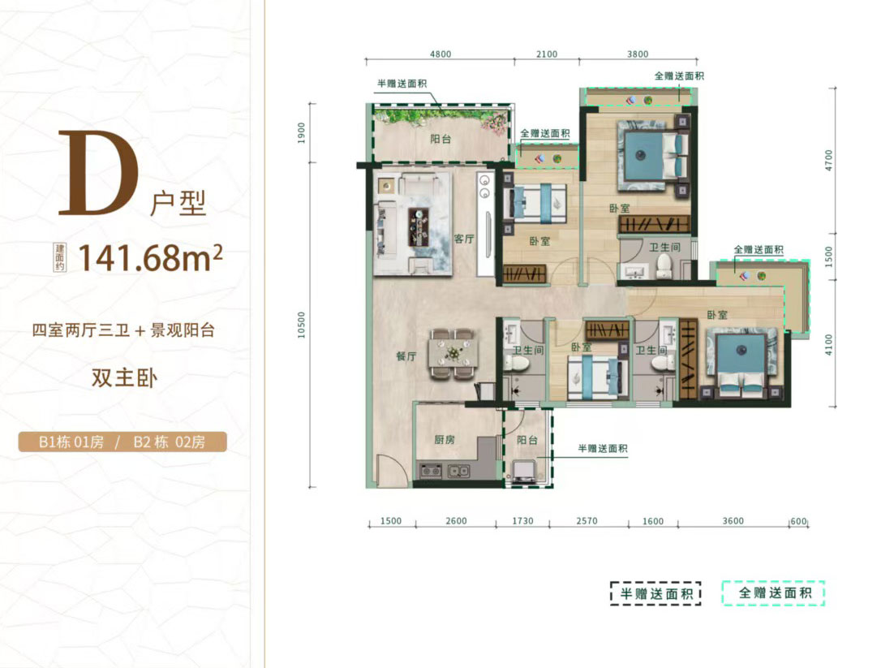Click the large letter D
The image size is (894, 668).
[x=99, y=174]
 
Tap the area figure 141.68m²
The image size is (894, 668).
[x=150, y=258]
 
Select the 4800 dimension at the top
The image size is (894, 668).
[x=441, y=54]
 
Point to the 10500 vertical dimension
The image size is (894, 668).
[x=301, y=325]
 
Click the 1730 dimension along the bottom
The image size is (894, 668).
[x=522, y=521]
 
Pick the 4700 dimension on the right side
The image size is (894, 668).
[x=828, y=160]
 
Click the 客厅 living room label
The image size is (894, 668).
[x=464, y=239]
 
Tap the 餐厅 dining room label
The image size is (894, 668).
[x=406, y=356]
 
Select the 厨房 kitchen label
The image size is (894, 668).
[x=444, y=439]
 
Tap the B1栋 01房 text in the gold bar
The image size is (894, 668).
[x=71, y=442]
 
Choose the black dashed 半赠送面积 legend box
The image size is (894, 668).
[x=655, y=593]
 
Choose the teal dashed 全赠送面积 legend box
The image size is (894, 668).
[x=774, y=593]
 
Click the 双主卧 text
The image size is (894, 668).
[x=124, y=377]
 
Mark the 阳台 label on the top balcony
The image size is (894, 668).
[x=441, y=139]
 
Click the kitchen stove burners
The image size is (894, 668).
[x=431, y=472]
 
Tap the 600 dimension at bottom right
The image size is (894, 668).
[x=799, y=521]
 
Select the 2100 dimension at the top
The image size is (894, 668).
[x=546, y=54]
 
